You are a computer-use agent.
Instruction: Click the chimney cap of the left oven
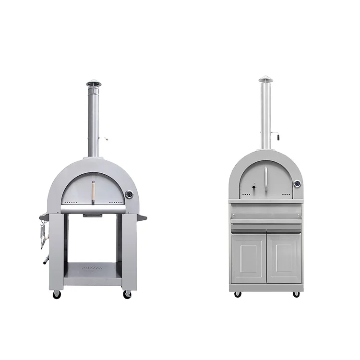click(x=94, y=84)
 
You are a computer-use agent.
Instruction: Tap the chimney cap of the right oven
click(x=265, y=79)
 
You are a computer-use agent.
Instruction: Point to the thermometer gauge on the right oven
click(x=297, y=183)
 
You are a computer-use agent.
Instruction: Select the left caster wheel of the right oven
click(x=237, y=294)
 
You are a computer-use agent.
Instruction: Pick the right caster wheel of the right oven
click(x=296, y=294)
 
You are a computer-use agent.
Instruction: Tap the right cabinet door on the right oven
click(x=284, y=258)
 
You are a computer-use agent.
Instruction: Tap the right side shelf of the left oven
click(x=141, y=218)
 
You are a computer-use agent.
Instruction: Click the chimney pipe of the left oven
click(x=93, y=120)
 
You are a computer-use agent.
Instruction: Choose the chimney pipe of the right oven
click(x=265, y=115)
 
